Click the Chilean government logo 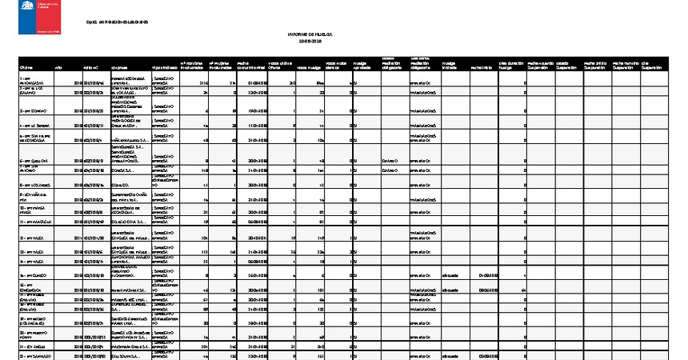(x=38, y=17)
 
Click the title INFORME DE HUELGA (x=310, y=35)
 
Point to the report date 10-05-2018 (x=310, y=42)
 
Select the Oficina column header (x=26, y=67)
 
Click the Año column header (x=58, y=67)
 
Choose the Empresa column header (x=118, y=67)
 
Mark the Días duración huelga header (x=511, y=65)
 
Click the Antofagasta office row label (x=32, y=81)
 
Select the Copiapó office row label (x=33, y=110)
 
